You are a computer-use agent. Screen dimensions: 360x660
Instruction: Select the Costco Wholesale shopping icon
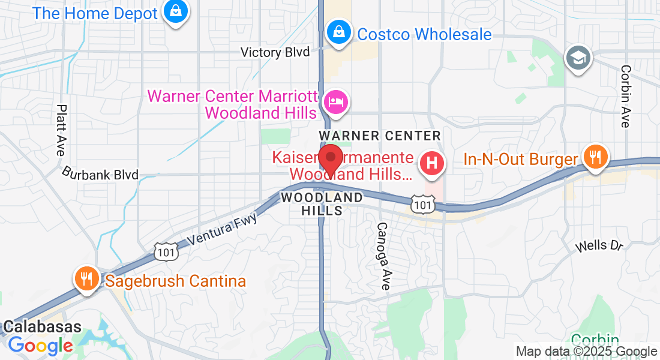[338, 34]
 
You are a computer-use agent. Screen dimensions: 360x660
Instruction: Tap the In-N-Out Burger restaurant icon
[595, 158]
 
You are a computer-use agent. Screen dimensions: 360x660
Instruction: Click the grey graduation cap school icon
[578, 58]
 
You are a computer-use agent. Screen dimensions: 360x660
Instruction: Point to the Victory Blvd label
[275, 53]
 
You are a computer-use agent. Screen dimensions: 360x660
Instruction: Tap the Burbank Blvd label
[100, 175]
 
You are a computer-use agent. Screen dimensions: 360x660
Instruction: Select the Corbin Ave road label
[626, 96]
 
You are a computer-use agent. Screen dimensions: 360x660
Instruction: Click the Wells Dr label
[599, 245]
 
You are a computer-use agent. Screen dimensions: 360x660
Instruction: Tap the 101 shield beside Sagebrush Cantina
[165, 252]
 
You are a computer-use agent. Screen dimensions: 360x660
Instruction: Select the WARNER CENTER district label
[380, 136]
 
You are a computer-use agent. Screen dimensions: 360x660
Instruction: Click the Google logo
[40, 346]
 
